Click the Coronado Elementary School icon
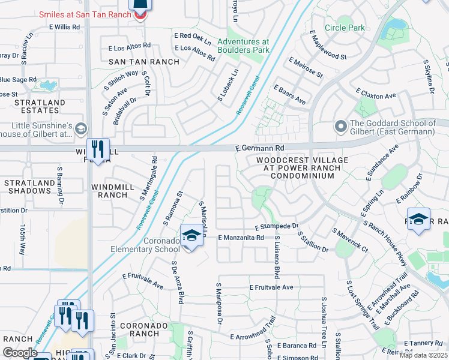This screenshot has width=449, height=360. (x=191, y=234)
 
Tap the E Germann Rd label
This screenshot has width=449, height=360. (x=259, y=147)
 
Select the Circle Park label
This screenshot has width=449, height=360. (x=345, y=28)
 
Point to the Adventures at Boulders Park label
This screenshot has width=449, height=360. (x=243, y=46)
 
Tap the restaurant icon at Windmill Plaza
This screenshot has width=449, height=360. (x=97, y=148)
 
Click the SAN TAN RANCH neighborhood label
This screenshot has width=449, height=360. (x=143, y=62)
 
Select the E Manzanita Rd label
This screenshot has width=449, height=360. (x=241, y=238)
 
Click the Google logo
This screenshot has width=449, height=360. (x=20, y=353)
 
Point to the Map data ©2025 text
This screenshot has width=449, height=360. (x=423, y=355)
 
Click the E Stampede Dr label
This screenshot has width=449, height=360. (x=276, y=227)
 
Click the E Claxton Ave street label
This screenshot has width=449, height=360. (x=376, y=95)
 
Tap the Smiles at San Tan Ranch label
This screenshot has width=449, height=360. (x=85, y=13)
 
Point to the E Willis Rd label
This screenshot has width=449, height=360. (x=60, y=28)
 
